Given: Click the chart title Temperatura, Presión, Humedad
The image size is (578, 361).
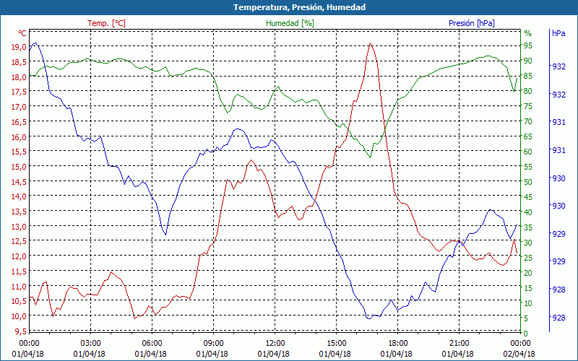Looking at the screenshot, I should (289, 7).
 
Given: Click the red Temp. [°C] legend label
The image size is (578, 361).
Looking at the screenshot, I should (106, 23).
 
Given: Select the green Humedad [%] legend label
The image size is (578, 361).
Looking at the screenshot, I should (290, 23).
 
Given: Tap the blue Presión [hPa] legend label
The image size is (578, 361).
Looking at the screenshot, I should (472, 23).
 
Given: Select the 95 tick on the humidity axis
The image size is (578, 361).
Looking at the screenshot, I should (528, 46).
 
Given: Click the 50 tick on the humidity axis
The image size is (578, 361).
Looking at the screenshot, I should (528, 181).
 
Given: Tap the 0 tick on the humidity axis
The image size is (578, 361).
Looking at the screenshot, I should (526, 332).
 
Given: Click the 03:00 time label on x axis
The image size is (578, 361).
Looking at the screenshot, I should (90, 343).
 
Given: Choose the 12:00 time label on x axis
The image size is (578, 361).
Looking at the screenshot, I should (275, 343).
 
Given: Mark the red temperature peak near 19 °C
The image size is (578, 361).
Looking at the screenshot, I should (370, 44).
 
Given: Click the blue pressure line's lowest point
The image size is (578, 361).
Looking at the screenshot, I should (369, 318).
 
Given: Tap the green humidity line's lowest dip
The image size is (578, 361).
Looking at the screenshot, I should (370, 157).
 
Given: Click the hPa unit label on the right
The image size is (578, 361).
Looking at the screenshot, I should (558, 33).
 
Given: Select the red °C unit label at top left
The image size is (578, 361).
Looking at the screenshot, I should (22, 33).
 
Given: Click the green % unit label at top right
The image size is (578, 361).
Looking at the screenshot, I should (527, 33).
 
